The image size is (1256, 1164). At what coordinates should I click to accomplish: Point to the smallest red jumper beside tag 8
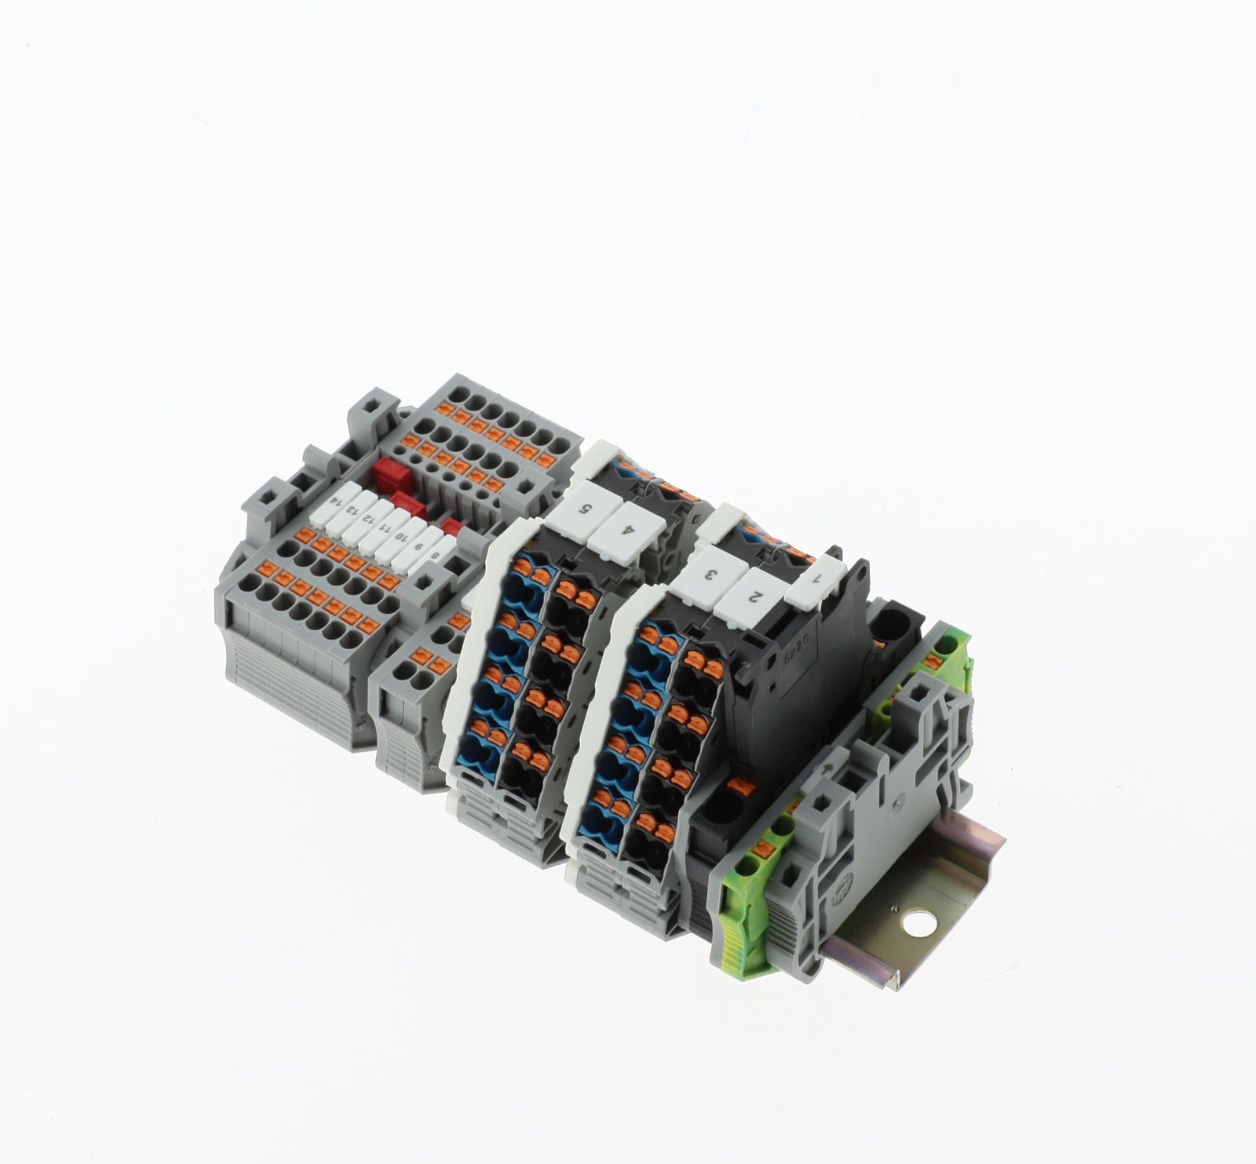point(452,524)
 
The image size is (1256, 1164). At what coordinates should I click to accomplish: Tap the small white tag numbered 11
point(384,521)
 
